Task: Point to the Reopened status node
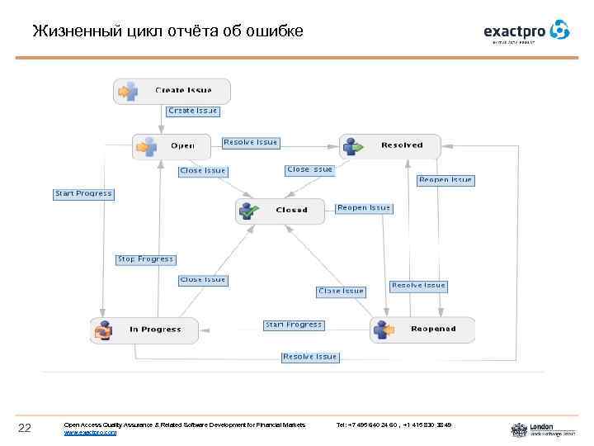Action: pos(422,329)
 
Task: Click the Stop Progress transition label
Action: pos(145,259)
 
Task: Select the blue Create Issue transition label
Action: pos(193,111)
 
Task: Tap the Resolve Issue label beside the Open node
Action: pos(251,143)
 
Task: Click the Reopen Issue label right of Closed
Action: pos(364,208)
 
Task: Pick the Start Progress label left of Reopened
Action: pos(293,325)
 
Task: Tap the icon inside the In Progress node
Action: pos(103,330)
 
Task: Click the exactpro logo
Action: pos(526,31)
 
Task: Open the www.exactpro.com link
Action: pos(90,433)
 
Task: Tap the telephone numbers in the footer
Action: pos(394,425)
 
